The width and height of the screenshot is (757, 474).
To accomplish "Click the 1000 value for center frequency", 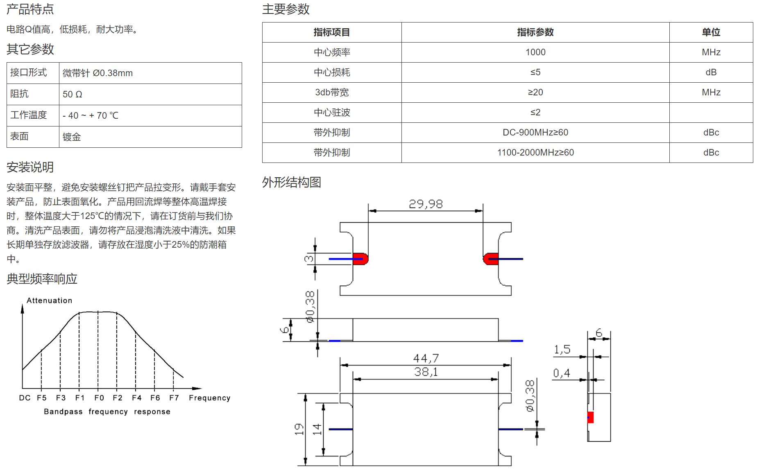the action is pyautogui.click(x=535, y=52).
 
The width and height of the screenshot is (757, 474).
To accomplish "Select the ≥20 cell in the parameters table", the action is pyautogui.click(x=535, y=93).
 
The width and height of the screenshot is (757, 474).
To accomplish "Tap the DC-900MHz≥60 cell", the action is pyautogui.click(x=535, y=133).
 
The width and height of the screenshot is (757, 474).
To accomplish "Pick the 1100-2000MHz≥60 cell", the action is pyautogui.click(x=535, y=153).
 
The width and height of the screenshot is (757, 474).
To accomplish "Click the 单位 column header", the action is pyautogui.click(x=711, y=32).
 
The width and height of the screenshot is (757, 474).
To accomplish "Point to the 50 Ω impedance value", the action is pyautogui.click(x=73, y=95).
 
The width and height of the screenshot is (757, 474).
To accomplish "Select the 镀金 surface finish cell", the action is pyautogui.click(x=72, y=137).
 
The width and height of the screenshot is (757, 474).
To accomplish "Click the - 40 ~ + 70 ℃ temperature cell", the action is pyautogui.click(x=91, y=116).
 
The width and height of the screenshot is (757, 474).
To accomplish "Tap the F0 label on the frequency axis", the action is pyautogui.click(x=99, y=398).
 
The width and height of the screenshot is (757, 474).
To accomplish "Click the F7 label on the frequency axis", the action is pyautogui.click(x=174, y=398).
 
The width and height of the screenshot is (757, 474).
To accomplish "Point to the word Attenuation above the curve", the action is pyautogui.click(x=50, y=300).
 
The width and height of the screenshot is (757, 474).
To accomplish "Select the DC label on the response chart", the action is pyautogui.click(x=25, y=398).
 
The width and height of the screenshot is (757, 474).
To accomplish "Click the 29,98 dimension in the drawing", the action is pyautogui.click(x=426, y=204).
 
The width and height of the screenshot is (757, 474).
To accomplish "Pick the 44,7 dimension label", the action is pyautogui.click(x=426, y=359).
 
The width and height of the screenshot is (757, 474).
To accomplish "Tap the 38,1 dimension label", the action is pyautogui.click(x=426, y=372).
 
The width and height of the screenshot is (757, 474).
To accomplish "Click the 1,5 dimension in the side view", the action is pyautogui.click(x=562, y=350).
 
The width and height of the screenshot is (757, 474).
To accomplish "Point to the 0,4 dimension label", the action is pyautogui.click(x=562, y=373).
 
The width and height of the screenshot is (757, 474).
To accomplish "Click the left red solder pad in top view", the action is pyautogui.click(x=360, y=259).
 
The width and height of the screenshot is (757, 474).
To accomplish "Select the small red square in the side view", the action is pyautogui.click(x=590, y=417).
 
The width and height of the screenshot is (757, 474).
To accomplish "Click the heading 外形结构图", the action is pyautogui.click(x=292, y=182).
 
